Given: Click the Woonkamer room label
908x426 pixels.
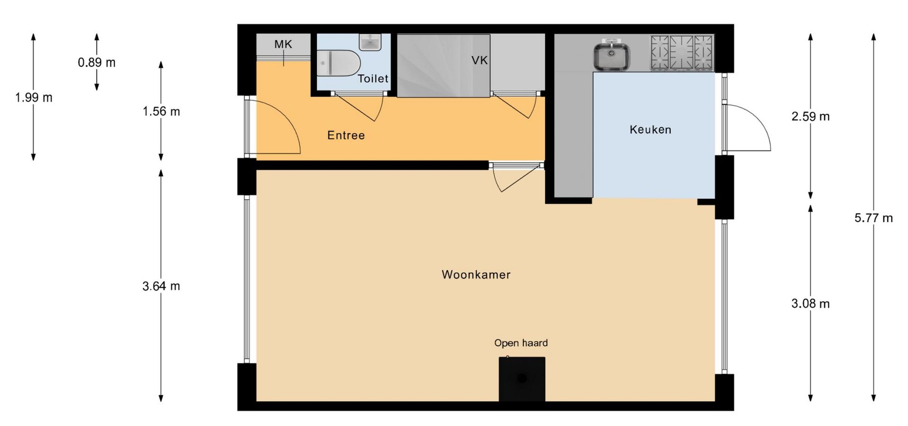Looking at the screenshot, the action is pos(476,275).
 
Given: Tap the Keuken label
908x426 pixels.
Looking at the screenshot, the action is pos(650,130).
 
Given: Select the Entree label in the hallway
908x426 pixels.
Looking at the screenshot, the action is pos(346,135).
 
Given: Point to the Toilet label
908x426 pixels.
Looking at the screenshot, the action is pos(373,79).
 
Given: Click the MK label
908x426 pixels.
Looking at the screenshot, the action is pos(283,44).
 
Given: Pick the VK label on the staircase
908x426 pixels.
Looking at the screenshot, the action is pos(479,60).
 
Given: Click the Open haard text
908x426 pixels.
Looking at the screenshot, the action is pos(521,343).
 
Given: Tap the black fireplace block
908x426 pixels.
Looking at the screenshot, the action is pos(522,379).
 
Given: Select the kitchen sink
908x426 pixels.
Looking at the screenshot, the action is pos(612,56).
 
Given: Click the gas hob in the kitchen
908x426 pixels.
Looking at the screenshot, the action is pos(682,53).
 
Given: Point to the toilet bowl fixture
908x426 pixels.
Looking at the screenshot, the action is pos(339,63).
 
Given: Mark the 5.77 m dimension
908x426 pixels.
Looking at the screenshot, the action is pos(873,218).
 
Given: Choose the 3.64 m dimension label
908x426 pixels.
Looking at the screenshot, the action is pos(161,286).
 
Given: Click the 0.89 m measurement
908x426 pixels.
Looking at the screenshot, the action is pos(97,62).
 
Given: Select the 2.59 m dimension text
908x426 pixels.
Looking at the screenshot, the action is pos(811,116).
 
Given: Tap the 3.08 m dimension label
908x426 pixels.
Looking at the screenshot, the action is pos(811,304).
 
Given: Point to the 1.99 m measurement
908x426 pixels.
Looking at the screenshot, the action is pos(34,98).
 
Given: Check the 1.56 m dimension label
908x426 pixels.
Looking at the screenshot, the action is pos(161,112).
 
